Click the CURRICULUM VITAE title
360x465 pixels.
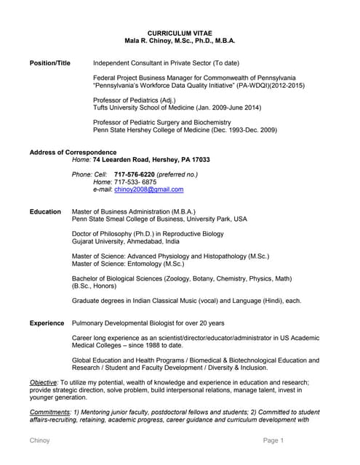[x=179, y=33]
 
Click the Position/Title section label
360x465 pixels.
[x=49, y=64]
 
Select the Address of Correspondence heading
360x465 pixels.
[x=73, y=152]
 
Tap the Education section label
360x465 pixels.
[x=45, y=211]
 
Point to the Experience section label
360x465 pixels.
[x=47, y=323]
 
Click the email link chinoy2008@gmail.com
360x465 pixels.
[x=149, y=189]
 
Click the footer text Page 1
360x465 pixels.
[x=273, y=441]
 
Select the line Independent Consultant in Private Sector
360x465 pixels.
[x=160, y=64]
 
